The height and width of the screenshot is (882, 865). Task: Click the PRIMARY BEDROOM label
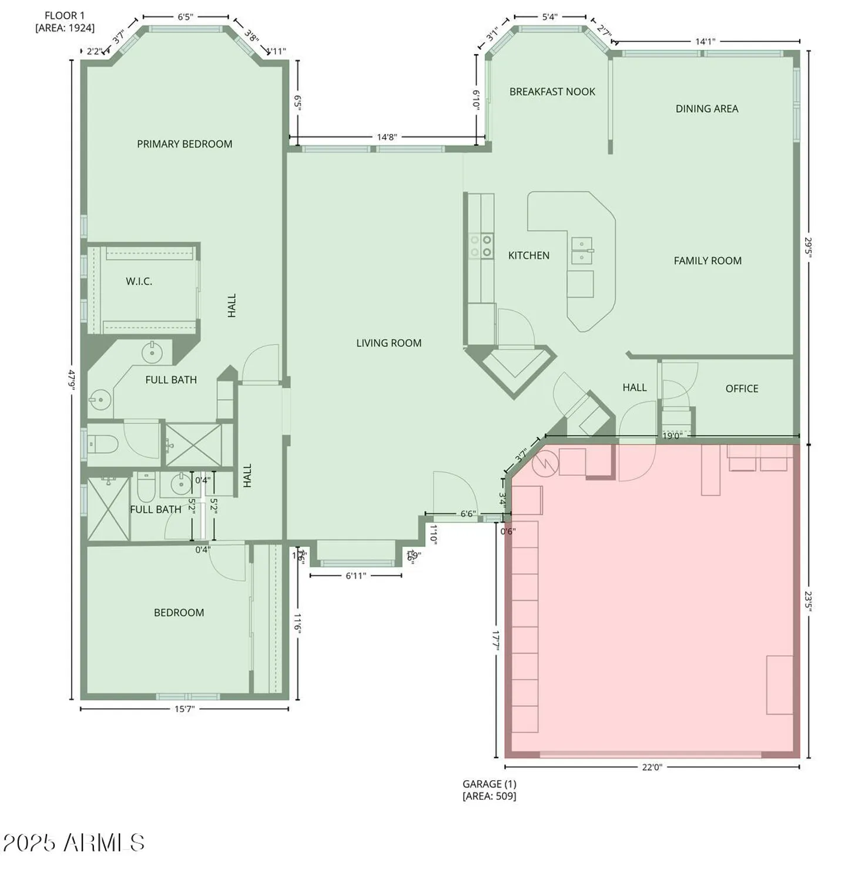[185, 144]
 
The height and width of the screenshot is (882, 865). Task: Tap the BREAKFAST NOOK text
[552, 92]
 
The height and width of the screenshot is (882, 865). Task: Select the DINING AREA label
[706, 109]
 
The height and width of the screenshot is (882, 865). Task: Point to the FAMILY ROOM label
[707, 260]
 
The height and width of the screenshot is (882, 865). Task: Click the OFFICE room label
[741, 389]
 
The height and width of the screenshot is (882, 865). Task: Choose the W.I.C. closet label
[139, 282]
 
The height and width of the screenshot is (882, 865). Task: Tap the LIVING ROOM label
[388, 343]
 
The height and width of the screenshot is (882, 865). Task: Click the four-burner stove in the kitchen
[481, 246]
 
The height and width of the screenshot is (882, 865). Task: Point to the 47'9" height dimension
[72, 379]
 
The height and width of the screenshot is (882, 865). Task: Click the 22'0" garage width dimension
[652, 767]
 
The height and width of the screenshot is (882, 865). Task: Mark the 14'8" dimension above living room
[386, 137]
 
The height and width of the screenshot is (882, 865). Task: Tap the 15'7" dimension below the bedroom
[184, 709]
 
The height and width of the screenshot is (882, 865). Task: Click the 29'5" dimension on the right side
[809, 247]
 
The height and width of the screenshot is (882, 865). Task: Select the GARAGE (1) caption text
[489, 784]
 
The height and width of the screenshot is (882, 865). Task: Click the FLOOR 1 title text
[64, 16]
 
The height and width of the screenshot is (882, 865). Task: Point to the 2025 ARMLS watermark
[74, 843]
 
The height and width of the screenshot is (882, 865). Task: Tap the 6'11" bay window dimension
[356, 576]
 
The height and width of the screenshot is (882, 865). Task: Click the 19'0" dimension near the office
[671, 436]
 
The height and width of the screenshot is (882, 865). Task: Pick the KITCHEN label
[528, 255]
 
